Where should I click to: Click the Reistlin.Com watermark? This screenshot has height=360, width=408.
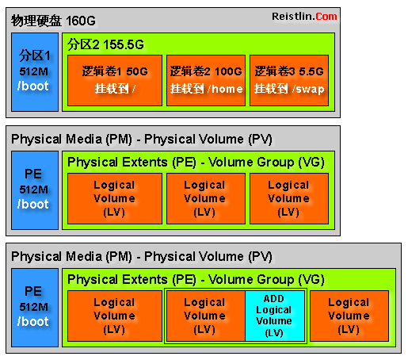304,17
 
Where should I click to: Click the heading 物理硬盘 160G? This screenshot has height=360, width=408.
53,21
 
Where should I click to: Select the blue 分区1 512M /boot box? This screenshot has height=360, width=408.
35,72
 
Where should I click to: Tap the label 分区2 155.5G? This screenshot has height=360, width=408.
105,44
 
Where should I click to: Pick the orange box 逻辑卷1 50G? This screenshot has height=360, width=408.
115,81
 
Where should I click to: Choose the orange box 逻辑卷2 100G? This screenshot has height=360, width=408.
206,81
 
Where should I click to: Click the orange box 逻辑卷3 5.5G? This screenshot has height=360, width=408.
289,81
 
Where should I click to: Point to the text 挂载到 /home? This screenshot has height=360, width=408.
207,89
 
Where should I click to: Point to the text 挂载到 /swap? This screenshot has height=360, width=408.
289,89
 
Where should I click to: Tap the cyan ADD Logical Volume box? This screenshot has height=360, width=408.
275,316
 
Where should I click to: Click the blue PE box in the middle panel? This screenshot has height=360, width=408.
35,190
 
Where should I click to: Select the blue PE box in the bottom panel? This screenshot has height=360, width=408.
35,308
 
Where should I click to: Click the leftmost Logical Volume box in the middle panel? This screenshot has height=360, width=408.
115,199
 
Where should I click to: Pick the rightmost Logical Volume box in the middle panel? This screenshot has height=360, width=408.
289,199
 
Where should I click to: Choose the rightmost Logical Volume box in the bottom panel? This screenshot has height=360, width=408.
349,316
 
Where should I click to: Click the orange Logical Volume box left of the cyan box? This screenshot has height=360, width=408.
206,316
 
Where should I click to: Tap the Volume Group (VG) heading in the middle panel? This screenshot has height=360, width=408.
266,162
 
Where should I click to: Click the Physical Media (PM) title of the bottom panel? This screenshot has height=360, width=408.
71,256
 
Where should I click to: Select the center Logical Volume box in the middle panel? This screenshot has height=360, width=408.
206,199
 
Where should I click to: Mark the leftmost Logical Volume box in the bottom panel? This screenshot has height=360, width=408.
115,316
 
